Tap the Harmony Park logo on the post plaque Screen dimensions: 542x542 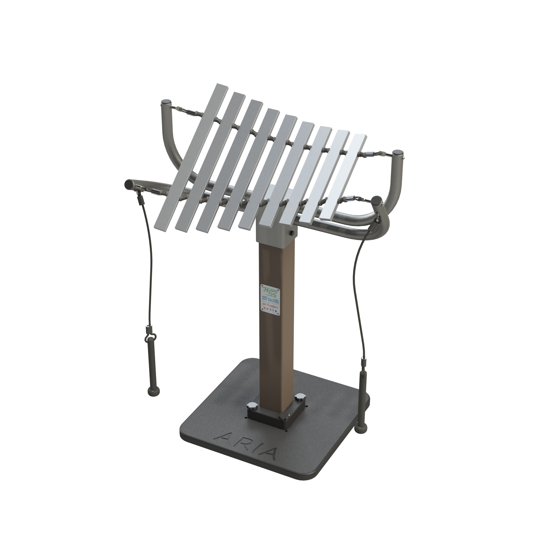[x=270, y=290]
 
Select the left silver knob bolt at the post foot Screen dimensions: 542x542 [x=252, y=406]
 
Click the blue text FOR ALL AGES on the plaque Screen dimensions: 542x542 [x=270, y=299]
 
